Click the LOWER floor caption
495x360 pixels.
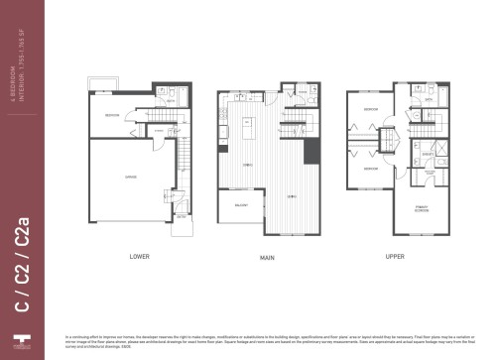pos(139,257)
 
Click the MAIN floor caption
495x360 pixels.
pos(267,257)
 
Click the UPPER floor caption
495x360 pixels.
pos(394,257)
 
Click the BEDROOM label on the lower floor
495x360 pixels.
pos(112,116)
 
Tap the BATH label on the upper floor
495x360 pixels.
pos(429,100)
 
